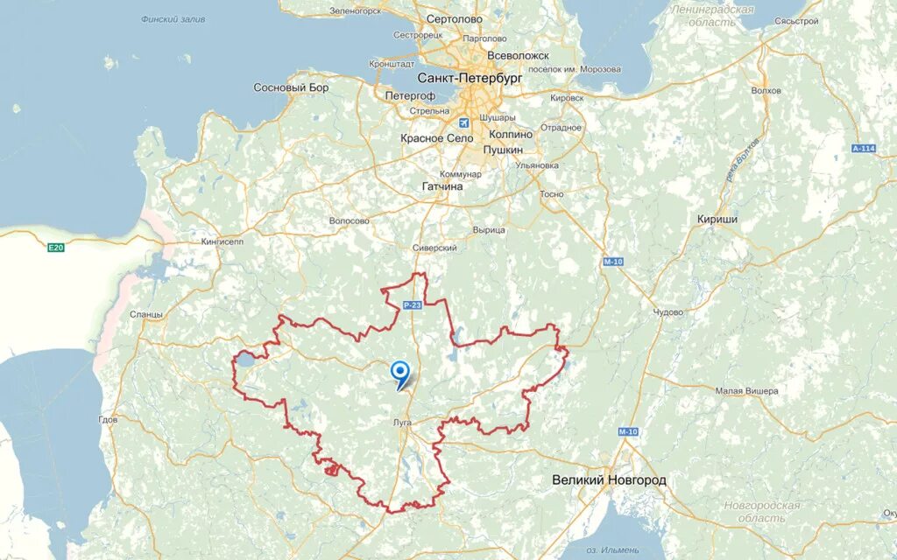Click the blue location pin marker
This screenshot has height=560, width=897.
click(400, 374)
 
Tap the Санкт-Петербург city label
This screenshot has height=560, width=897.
click(470, 78)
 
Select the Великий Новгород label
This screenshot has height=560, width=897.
click(609, 480)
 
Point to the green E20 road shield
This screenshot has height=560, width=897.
click(56, 248)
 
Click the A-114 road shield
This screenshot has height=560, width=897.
click(864, 149)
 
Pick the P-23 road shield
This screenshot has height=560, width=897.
click(413, 304)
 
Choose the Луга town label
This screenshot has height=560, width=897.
click(403, 422)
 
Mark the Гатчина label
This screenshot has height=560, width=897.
click(442, 186)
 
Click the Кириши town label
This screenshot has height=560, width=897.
click(717, 219)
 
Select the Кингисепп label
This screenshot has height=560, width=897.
click(222, 241)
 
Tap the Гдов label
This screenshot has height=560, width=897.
click(108, 420)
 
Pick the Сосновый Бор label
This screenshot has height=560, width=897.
click(291, 87)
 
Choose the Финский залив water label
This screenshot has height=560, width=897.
click(173, 18)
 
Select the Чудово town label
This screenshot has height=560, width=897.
click(667, 312)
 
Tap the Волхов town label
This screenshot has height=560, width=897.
click(766, 90)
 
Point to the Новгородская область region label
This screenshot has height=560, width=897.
click(762, 512)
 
